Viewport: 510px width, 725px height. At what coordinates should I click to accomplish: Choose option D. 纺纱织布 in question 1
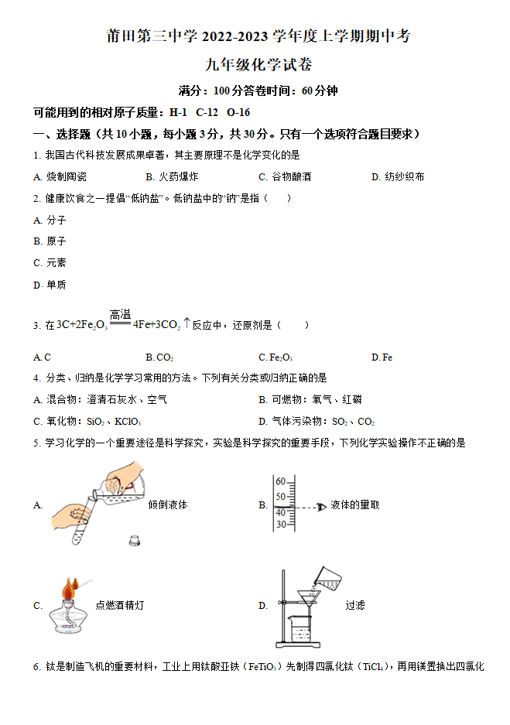pyautogui.click(x=398, y=176)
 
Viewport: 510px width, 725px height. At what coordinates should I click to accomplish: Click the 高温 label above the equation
pyautogui.click(x=120, y=314)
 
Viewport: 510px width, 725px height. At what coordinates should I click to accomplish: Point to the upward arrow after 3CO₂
pyautogui.click(x=187, y=323)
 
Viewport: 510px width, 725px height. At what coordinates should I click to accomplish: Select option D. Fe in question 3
pyautogui.click(x=382, y=357)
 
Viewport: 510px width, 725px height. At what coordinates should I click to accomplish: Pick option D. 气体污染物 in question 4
pyautogui.click(x=317, y=422)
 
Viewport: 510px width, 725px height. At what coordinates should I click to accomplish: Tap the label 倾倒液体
pyautogui.click(x=168, y=504)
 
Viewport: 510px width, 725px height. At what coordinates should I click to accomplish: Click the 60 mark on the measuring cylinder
pyautogui.click(x=281, y=480)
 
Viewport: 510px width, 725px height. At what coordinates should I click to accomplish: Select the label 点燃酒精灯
pyautogui.click(x=119, y=606)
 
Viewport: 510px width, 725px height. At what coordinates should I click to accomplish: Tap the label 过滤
pyautogui.click(x=355, y=606)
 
